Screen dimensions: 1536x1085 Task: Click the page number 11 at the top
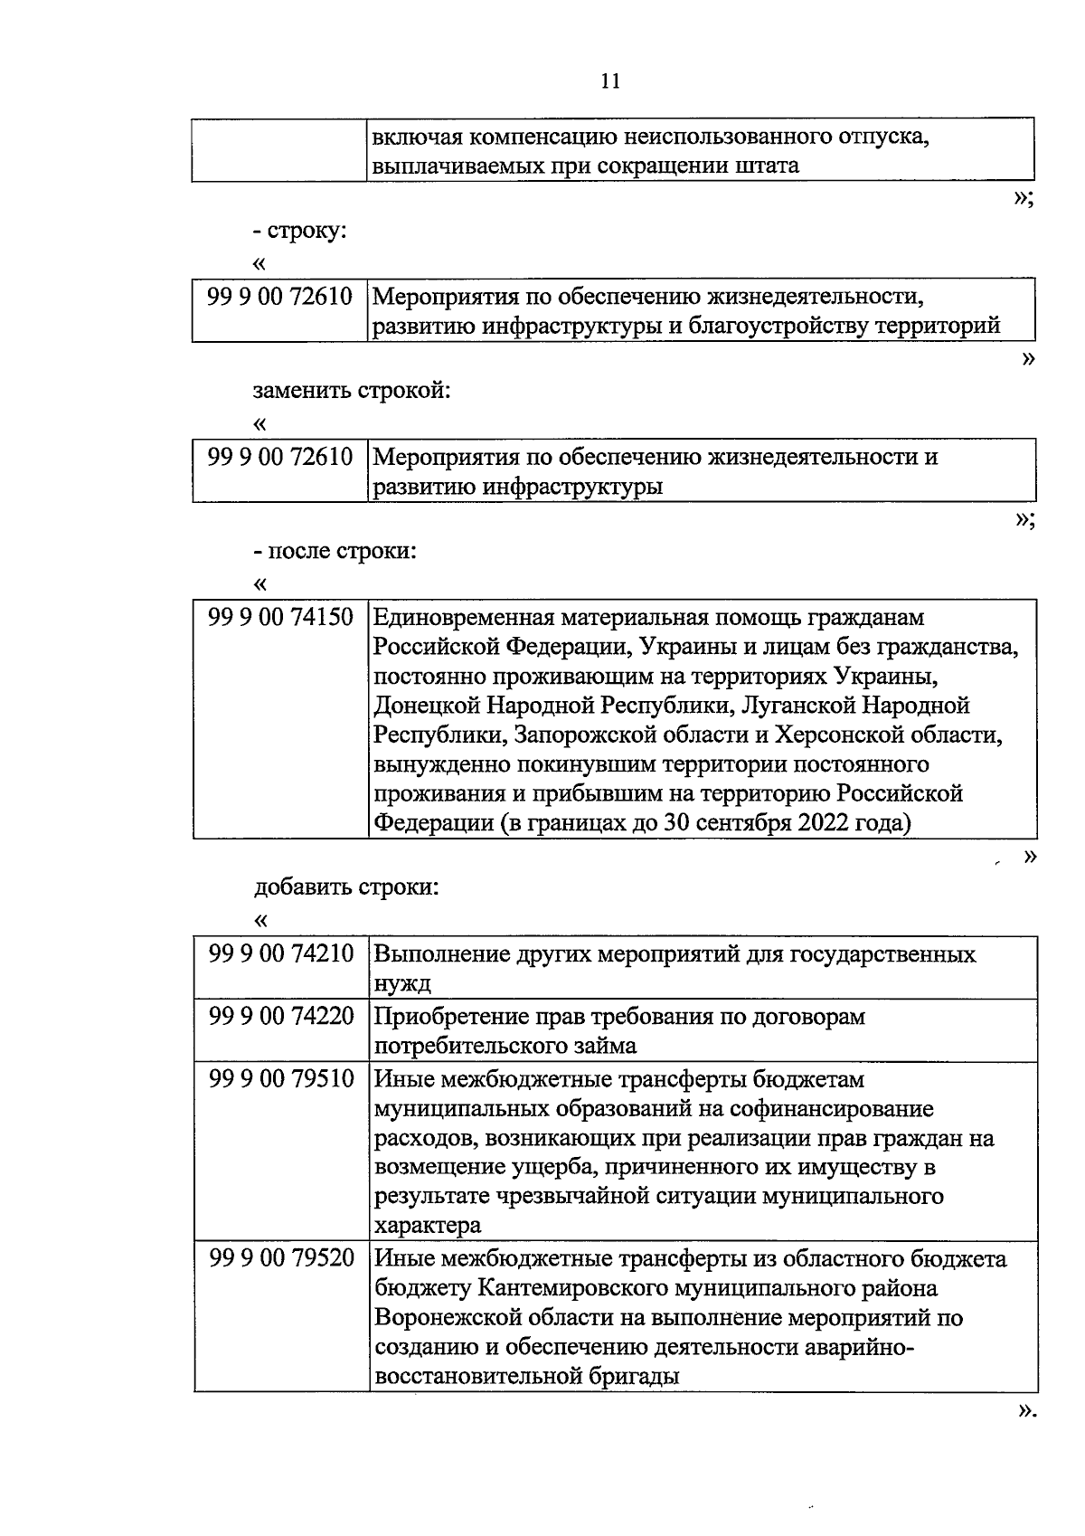pos(610,81)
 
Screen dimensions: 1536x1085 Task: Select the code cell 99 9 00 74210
pos(280,954)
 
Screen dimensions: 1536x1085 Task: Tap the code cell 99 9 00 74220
pos(280,1017)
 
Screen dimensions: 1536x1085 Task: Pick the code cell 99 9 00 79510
pos(280,1079)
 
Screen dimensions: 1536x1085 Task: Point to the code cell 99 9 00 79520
pos(280,1259)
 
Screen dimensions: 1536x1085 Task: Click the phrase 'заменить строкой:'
pos(352,391)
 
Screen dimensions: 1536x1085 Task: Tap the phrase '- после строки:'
pos(335,550)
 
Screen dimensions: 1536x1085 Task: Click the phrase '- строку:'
pos(300,231)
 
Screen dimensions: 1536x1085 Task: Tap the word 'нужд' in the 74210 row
pos(402,983)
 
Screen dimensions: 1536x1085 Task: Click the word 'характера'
pos(428,1227)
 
